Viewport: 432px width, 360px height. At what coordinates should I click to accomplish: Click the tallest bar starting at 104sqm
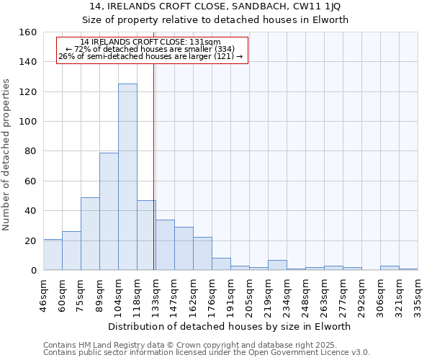[x=127, y=177]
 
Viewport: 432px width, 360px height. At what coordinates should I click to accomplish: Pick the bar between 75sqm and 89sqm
[x=90, y=234]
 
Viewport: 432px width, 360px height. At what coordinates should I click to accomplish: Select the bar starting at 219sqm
[x=277, y=265]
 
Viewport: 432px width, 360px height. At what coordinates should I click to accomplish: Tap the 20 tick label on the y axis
[x=32, y=240]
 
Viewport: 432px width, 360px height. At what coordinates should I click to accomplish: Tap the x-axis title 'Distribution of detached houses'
[x=230, y=326]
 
